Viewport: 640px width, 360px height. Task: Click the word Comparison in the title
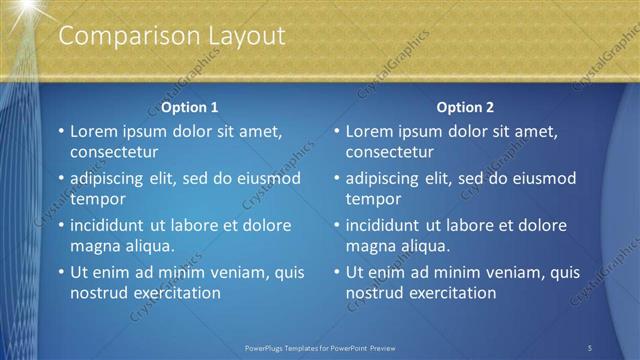tap(116, 36)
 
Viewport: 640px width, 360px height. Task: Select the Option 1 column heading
tap(189, 107)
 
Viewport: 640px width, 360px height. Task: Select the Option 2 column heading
tap(465, 107)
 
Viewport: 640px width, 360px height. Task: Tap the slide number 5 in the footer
tap(590, 348)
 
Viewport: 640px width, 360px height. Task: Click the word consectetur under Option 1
tap(114, 152)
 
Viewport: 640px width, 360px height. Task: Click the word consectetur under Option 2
tap(390, 152)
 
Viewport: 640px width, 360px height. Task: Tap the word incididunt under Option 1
tap(112, 225)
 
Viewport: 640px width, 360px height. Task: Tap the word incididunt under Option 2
tap(388, 225)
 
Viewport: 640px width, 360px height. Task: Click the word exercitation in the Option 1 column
tap(173, 293)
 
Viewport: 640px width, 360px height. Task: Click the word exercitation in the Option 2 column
tap(449, 293)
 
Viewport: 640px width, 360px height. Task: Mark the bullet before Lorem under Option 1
tap(60, 131)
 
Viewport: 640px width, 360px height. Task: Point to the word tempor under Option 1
tap(96, 199)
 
